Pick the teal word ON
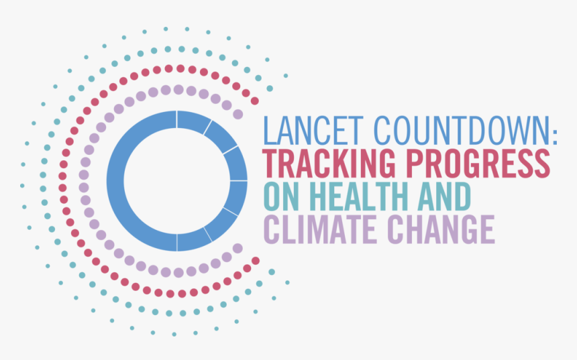click(x=281, y=197)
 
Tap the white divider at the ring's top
click(x=177, y=119)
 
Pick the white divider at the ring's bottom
click(x=177, y=243)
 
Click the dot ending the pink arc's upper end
click(x=255, y=101)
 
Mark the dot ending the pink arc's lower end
click(x=256, y=260)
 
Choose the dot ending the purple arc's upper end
click(x=238, y=114)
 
